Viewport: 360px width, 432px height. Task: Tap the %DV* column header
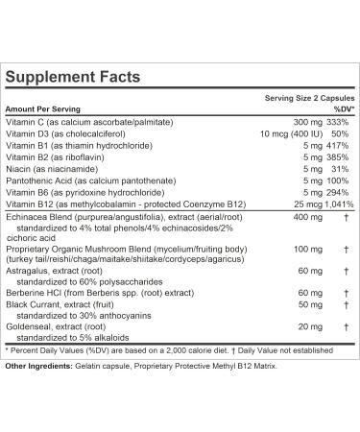coord(341,109)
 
